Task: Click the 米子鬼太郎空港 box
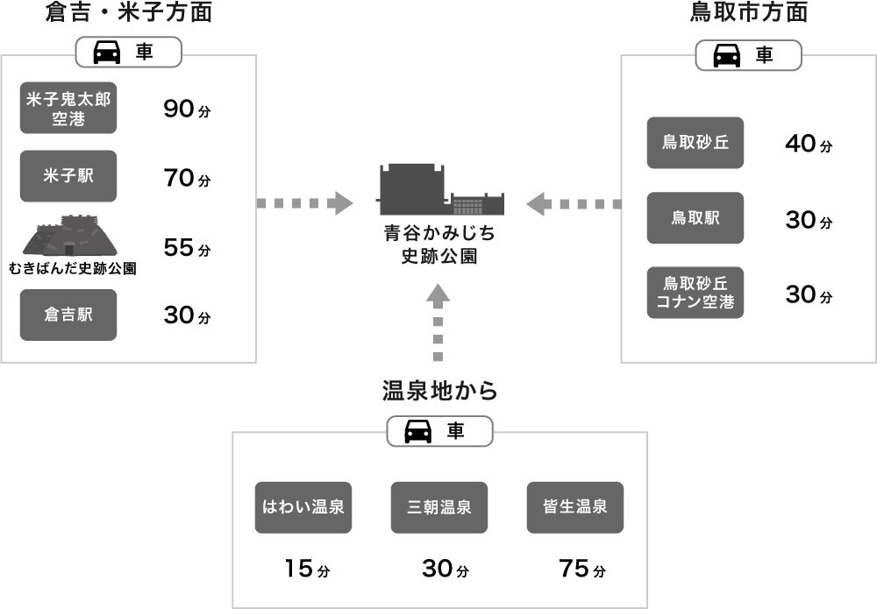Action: [68, 110]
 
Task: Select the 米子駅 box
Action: [68, 176]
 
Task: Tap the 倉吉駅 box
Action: [68, 315]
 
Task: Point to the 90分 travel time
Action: [187, 110]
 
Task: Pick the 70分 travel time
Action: [187, 179]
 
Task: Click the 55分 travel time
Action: [187, 248]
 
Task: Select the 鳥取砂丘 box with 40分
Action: [695, 143]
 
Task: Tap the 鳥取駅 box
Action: [695, 218]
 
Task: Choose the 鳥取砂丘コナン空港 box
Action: [695, 293]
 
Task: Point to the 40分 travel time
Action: [808, 144]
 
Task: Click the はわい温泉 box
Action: [303, 507]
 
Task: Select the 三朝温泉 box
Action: [439, 507]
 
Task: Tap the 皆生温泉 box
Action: [575, 507]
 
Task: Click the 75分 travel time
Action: [581, 569]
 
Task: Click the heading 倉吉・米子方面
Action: [129, 13]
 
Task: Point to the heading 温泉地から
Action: [440, 391]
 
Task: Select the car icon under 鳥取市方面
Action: [726, 56]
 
